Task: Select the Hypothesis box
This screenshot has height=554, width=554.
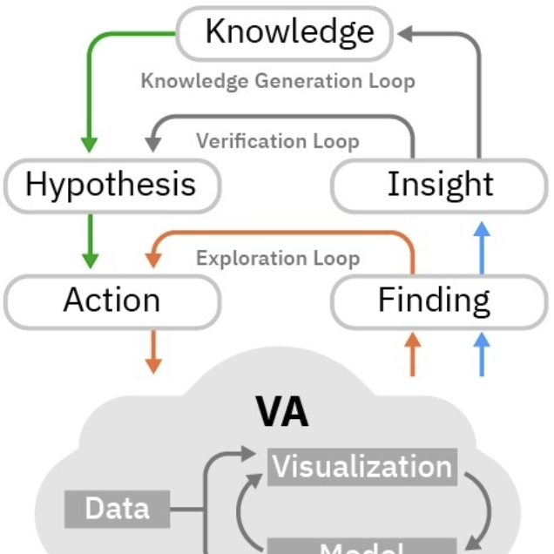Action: [111, 185]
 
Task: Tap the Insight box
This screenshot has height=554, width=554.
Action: [440, 185]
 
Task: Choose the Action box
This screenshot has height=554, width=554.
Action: [111, 301]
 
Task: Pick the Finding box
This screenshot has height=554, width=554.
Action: [434, 301]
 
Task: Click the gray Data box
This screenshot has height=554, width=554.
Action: [118, 508]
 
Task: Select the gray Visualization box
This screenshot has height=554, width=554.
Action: [361, 467]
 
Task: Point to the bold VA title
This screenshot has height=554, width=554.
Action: [281, 412]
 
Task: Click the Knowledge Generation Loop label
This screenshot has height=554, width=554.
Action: [277, 81]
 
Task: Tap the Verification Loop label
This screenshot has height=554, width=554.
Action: [277, 140]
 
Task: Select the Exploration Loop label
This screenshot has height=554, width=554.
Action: [277, 259]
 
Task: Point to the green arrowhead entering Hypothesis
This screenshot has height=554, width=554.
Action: [88, 143]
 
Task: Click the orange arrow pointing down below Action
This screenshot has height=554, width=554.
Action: [153, 351]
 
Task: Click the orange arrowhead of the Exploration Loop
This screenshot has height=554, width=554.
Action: [154, 258]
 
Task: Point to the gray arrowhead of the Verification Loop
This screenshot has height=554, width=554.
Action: [153, 139]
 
